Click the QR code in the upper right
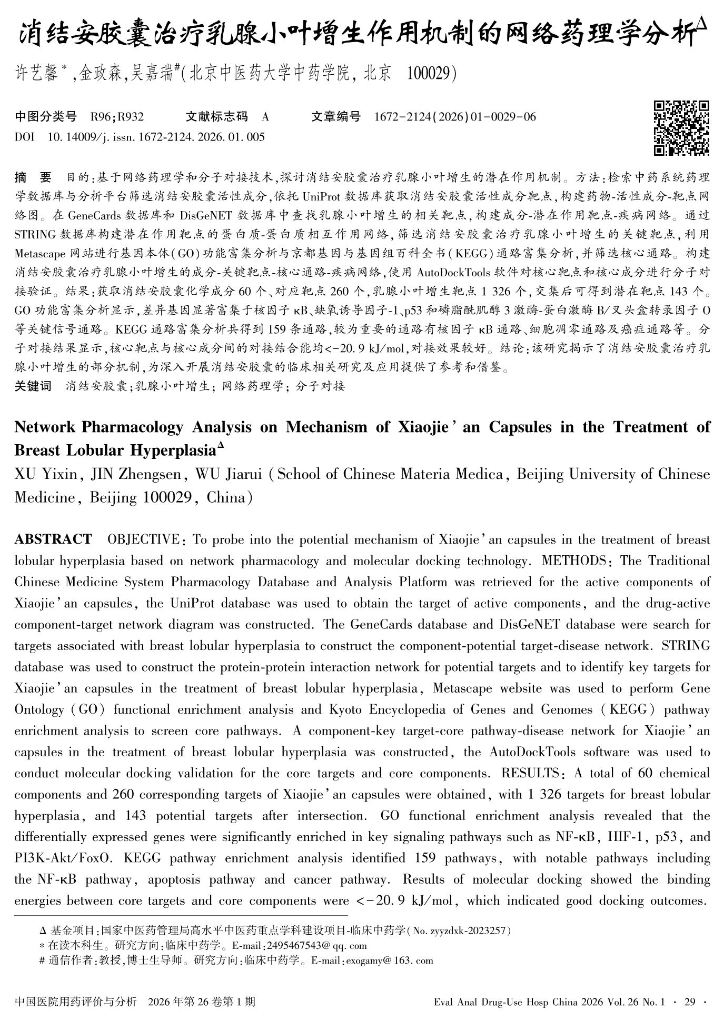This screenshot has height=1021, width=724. (x=681, y=128)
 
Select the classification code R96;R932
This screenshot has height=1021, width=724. (x=117, y=117)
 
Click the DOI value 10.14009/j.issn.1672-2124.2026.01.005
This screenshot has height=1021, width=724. (x=156, y=137)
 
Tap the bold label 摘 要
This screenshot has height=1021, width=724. (x=33, y=177)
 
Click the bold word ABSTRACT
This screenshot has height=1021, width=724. (x=53, y=539)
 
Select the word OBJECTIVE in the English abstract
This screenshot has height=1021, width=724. (x=143, y=539)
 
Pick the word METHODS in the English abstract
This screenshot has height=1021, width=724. (x=575, y=560)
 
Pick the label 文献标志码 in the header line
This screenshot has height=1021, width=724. (x=216, y=117)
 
